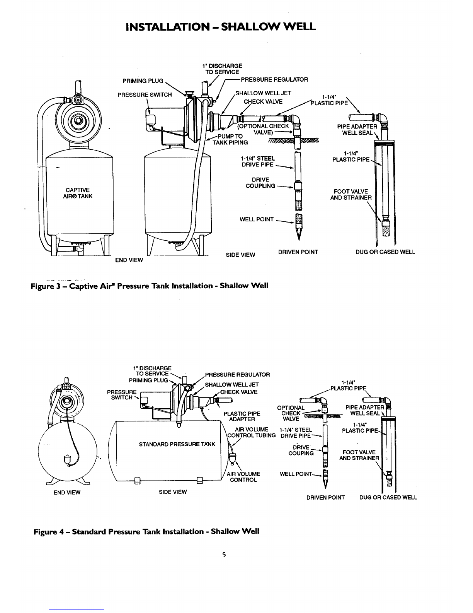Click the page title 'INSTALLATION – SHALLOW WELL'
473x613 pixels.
click(221, 27)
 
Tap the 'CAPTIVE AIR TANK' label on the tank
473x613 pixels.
click(78, 193)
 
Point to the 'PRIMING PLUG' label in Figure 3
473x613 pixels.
click(143, 81)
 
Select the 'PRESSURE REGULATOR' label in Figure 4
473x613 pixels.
click(238, 375)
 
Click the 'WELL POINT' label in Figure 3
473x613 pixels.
click(257, 219)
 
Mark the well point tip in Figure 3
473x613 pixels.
click(299, 240)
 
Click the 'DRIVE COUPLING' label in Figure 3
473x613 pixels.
click(260, 183)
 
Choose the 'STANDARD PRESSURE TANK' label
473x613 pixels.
click(177, 444)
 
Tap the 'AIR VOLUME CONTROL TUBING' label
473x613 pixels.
click(252, 432)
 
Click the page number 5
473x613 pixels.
click(224, 555)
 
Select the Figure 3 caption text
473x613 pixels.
click(149, 286)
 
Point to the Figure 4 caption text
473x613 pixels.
click(146, 532)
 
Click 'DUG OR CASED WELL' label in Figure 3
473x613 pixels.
click(385, 252)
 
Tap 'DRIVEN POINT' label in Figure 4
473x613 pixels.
click(325, 498)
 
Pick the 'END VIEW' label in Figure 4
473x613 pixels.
click(67, 493)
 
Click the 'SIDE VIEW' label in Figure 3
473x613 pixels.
click(240, 255)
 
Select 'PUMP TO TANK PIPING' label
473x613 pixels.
click(230, 139)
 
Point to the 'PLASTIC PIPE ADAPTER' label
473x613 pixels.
click(242, 416)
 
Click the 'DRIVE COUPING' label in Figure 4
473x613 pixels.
click(301, 450)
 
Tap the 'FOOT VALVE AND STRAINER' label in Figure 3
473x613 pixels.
click(351, 195)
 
